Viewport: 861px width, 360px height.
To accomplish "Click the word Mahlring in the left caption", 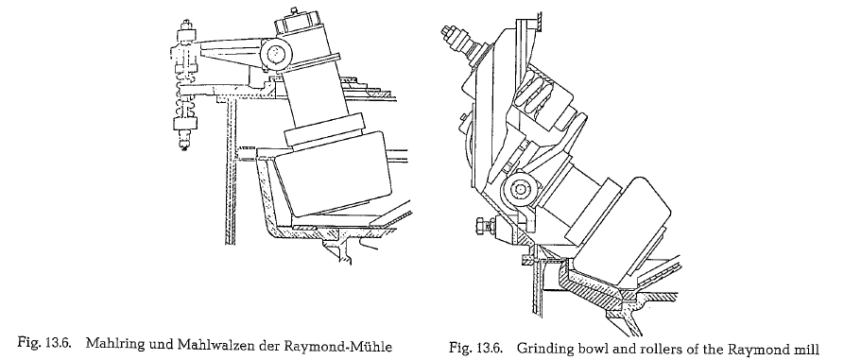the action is tap(109, 346).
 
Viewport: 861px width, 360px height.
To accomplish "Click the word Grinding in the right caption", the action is tap(540, 349).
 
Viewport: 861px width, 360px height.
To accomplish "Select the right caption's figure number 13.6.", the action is tap(486, 349).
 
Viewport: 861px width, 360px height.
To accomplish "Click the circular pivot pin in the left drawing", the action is tap(276, 53).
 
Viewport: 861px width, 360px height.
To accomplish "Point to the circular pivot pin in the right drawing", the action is tap(518, 190).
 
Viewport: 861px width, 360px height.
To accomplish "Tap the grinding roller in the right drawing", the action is tap(623, 227).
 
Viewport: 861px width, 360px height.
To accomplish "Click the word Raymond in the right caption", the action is tap(759, 349).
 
